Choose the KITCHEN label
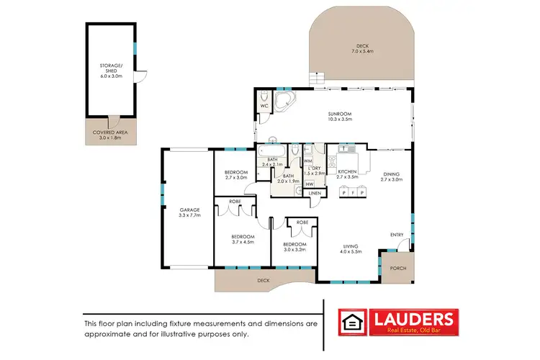point(348,171)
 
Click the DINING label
point(390,173)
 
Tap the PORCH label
point(397,268)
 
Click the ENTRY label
point(396,235)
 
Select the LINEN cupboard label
point(315,193)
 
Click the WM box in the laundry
point(308,161)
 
